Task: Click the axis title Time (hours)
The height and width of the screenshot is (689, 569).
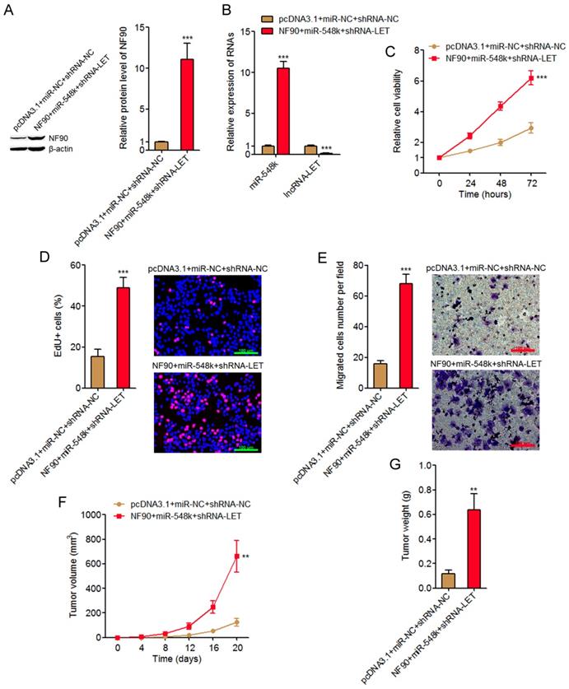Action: click(x=485, y=194)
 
